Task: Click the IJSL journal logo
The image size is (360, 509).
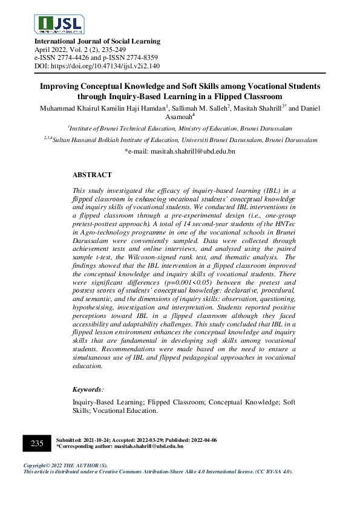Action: [61, 24]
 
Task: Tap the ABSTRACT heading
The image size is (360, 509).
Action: [92, 175]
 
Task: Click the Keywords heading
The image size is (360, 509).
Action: [88, 390]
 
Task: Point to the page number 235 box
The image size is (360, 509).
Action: [37, 443]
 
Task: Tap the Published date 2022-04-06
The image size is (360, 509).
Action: [200, 440]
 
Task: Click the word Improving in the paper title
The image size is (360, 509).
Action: [59, 86]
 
